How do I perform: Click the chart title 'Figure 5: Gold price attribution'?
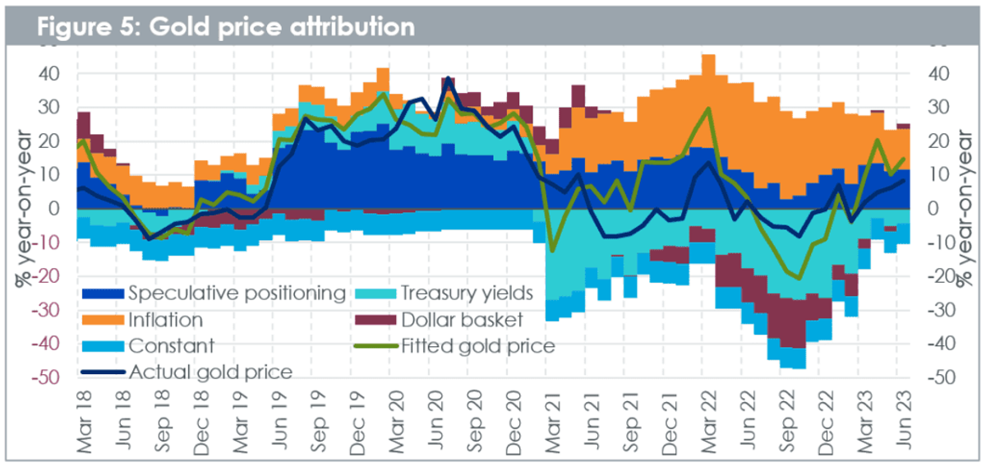226,26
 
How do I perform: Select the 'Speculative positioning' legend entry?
214,294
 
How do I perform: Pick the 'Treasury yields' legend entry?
444,294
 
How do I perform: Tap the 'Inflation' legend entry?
142,320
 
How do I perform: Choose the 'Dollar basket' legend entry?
439,320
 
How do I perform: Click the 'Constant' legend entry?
148,346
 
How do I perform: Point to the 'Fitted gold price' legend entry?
454,346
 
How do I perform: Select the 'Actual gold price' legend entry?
187,372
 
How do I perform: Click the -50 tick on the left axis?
45,377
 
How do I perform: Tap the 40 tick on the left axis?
48,73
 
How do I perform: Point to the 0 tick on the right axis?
933,208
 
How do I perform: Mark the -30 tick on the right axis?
941,310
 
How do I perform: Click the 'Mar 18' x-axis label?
85,422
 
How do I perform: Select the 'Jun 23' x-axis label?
903,420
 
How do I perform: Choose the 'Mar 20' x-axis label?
397,422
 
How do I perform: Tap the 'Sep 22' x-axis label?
786,421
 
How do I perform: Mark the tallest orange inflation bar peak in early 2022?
708,55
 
